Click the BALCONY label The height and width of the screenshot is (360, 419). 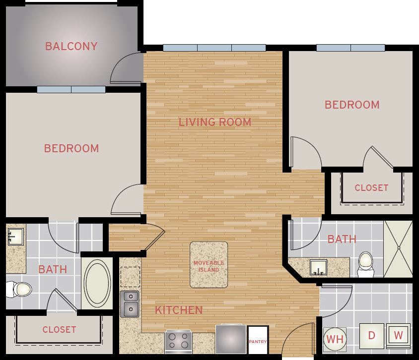pos(71,47)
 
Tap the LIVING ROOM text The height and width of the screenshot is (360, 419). pos(215,122)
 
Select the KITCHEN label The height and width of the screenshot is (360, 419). pos(179,310)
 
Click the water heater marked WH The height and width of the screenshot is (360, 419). pos(335,340)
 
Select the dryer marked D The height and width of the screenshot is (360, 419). pos(371,336)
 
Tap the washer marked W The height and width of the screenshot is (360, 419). pos(398,336)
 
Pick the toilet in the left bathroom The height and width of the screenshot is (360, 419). pos(19,289)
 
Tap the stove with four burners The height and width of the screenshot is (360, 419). pos(179,341)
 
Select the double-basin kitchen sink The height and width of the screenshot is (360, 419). pos(130,303)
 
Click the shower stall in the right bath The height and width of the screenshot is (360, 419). pos(398,248)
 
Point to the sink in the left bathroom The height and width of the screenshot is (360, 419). pos(15,237)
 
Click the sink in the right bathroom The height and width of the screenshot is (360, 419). pos(318,268)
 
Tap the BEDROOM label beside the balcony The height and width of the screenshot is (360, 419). pos(71,148)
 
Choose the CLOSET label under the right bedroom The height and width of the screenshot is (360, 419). pos(371,188)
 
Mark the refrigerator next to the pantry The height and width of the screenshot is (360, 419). pos(231,339)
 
